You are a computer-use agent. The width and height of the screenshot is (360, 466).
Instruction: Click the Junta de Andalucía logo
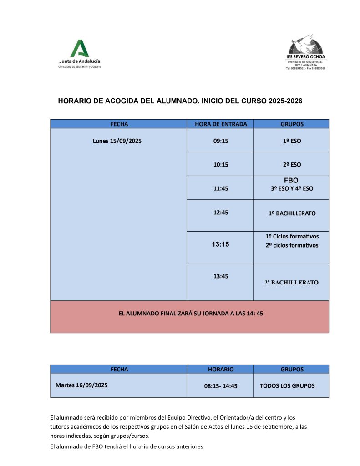tap(80, 54)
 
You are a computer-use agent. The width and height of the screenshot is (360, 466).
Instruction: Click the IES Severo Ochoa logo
tap(305, 51)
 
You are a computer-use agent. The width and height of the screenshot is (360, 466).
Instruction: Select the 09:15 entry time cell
tap(221, 141)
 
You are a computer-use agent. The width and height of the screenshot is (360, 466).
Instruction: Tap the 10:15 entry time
tap(221, 165)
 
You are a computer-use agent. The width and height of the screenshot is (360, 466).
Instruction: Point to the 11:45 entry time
tap(221, 188)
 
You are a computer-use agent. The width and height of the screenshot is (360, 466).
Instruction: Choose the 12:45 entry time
tap(221, 213)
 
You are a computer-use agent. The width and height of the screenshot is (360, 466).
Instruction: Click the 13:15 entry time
tap(220, 244)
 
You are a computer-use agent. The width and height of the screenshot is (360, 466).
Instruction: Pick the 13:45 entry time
tap(221, 276)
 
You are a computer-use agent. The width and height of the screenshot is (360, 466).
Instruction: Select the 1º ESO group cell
tap(292, 141)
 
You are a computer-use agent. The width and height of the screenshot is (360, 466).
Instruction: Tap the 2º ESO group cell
tap(292, 165)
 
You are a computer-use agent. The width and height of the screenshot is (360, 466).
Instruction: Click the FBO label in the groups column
tap(291, 181)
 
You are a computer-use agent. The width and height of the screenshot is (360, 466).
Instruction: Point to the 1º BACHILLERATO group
tap(292, 213)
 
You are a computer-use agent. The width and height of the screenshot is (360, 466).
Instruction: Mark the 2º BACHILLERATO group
tap(292, 283)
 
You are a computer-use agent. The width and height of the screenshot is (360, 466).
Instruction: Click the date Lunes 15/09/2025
tap(117, 141)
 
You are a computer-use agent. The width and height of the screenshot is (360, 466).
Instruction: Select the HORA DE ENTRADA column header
tap(221, 124)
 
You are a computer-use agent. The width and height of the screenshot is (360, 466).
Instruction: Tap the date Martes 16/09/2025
tap(81, 385)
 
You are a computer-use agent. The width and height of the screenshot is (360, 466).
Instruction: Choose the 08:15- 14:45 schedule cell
tap(221, 386)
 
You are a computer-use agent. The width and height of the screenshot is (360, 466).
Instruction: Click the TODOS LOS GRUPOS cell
tap(287, 385)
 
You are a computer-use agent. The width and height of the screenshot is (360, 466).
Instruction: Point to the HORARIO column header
tap(221, 370)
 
